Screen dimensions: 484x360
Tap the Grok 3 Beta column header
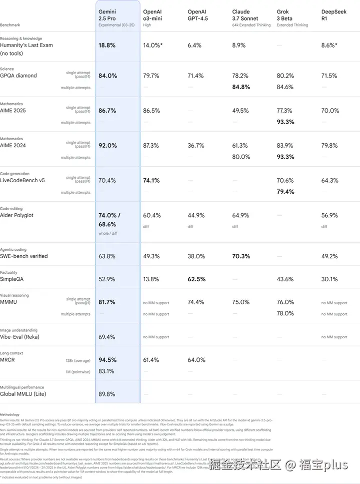pyautogui.click(x=285, y=15)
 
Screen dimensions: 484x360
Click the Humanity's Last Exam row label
pyautogui.click(x=26, y=45)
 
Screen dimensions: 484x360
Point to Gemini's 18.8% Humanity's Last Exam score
pyautogui.click(x=107, y=45)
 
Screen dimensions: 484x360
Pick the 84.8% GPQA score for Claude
pyautogui.click(x=241, y=87)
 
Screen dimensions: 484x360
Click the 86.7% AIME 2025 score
pyautogui.click(x=107, y=111)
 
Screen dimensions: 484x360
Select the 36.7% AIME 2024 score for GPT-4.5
pyautogui.click(x=196, y=146)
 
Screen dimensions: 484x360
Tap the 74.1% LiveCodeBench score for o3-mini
pyautogui.click(x=151, y=180)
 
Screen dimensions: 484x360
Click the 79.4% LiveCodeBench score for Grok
pyautogui.click(x=285, y=192)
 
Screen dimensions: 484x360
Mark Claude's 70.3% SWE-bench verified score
pyautogui.click(x=241, y=256)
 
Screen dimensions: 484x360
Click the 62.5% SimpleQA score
pyautogui.click(x=196, y=279)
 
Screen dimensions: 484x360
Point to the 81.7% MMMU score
pyautogui.click(x=107, y=302)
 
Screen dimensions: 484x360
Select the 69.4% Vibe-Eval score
pyautogui.click(x=107, y=337)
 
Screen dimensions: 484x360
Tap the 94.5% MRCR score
pyautogui.click(x=107, y=360)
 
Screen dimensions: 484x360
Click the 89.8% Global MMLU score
pyautogui.click(x=107, y=394)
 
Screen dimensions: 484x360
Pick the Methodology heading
pyautogui.click(x=10, y=414)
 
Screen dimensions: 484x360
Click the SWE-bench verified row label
pyautogui.click(x=24, y=256)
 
